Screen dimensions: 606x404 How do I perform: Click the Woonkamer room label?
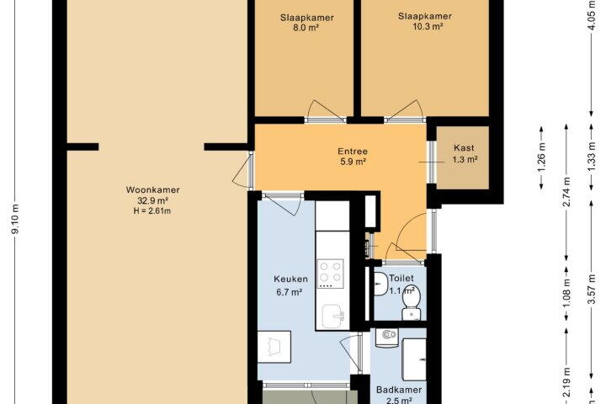point(152,190)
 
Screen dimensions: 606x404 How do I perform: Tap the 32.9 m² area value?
point(152,200)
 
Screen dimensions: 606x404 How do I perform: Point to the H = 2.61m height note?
point(151,211)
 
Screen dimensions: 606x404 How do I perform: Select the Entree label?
point(353,151)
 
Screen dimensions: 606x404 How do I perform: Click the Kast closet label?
point(464,147)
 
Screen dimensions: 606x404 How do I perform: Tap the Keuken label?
point(290,279)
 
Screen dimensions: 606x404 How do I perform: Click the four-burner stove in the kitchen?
point(331,273)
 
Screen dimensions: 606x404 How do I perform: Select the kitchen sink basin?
point(332,316)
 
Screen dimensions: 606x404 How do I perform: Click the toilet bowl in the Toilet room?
point(411,302)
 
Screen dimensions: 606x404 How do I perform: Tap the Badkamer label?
point(399,390)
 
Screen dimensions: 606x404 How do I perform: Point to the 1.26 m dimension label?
point(541,157)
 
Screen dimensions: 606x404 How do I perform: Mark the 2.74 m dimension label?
point(566,192)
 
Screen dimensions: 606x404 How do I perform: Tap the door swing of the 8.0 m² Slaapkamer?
point(322,109)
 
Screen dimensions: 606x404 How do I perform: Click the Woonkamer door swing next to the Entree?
point(241,171)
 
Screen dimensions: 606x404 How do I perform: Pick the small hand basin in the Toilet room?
point(380,284)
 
